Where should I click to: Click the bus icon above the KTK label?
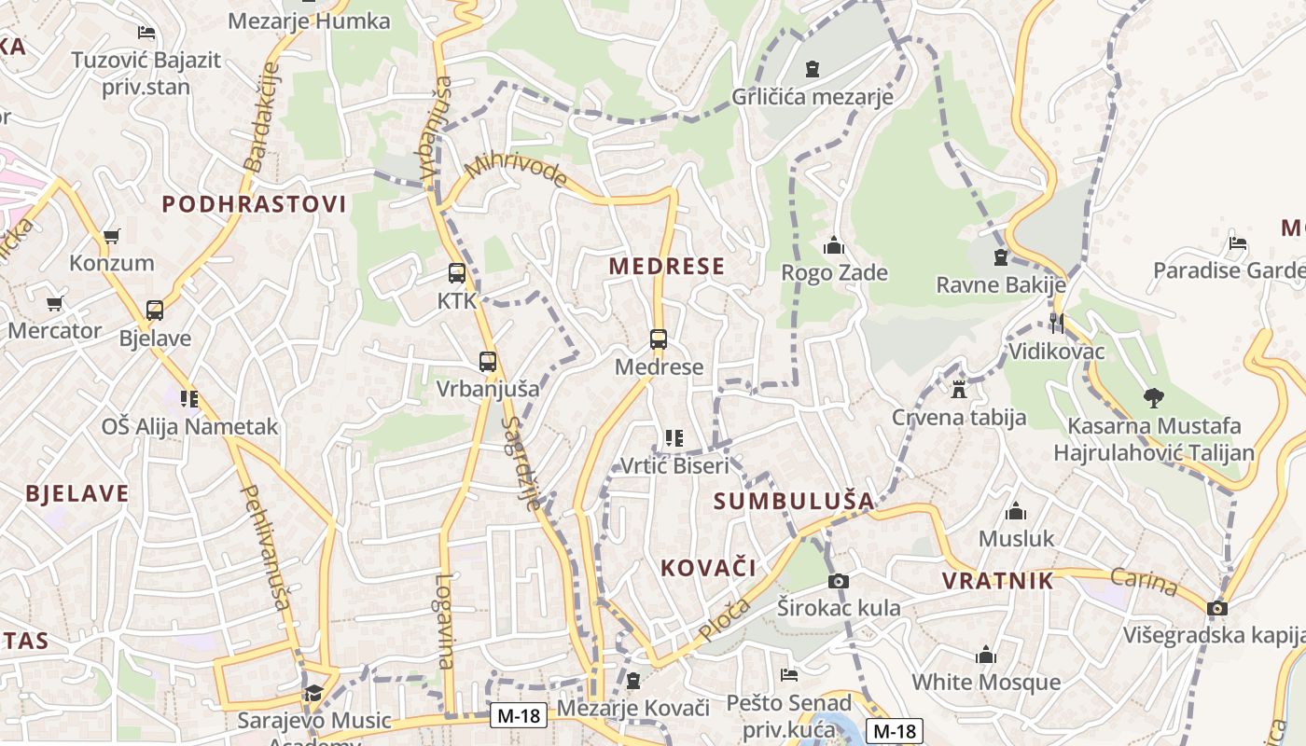456,273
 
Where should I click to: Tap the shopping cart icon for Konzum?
112,236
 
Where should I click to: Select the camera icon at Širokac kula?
839,581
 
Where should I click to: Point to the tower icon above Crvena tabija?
959,389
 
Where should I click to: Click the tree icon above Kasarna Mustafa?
1154,397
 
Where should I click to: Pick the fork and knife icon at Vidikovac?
1057,324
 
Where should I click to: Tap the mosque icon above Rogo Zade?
833,245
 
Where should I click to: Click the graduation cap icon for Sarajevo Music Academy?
313,694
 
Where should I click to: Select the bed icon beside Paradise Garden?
1238,243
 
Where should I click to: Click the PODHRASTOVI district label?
254,204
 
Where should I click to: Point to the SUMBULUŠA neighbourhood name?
794,501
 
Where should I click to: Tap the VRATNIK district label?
997,581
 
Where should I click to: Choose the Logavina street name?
444,620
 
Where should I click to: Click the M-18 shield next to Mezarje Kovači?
519,715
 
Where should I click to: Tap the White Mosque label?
986,682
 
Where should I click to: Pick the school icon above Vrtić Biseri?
674,437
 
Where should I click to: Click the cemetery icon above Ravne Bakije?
1001,256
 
